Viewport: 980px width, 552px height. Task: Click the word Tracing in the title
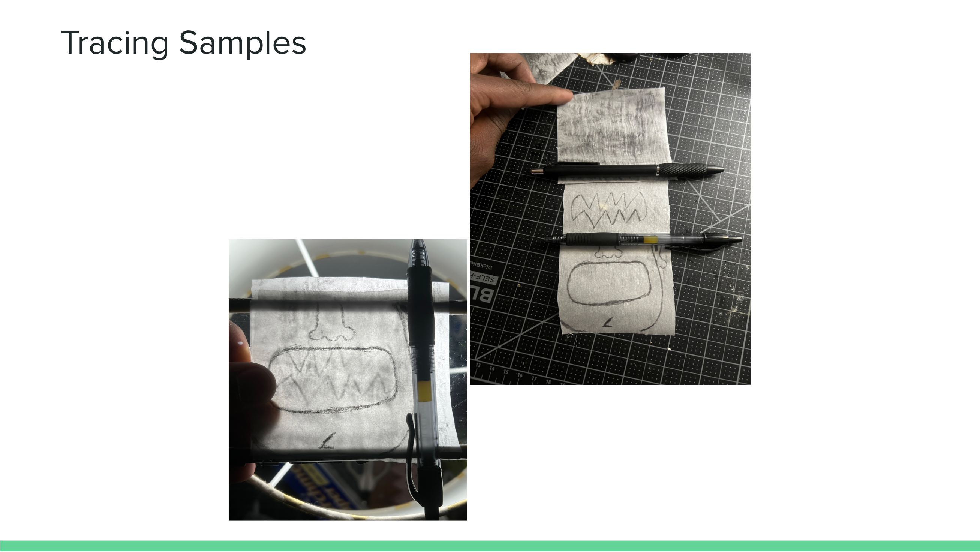114,43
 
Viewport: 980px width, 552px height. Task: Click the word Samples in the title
242,43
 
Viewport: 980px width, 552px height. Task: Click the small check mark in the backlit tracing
328,441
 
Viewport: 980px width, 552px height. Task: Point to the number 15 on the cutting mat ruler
506,372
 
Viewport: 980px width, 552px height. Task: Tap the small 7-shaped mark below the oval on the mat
608,323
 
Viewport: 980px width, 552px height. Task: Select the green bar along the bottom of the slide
490,546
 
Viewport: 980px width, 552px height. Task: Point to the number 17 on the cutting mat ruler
534,378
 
